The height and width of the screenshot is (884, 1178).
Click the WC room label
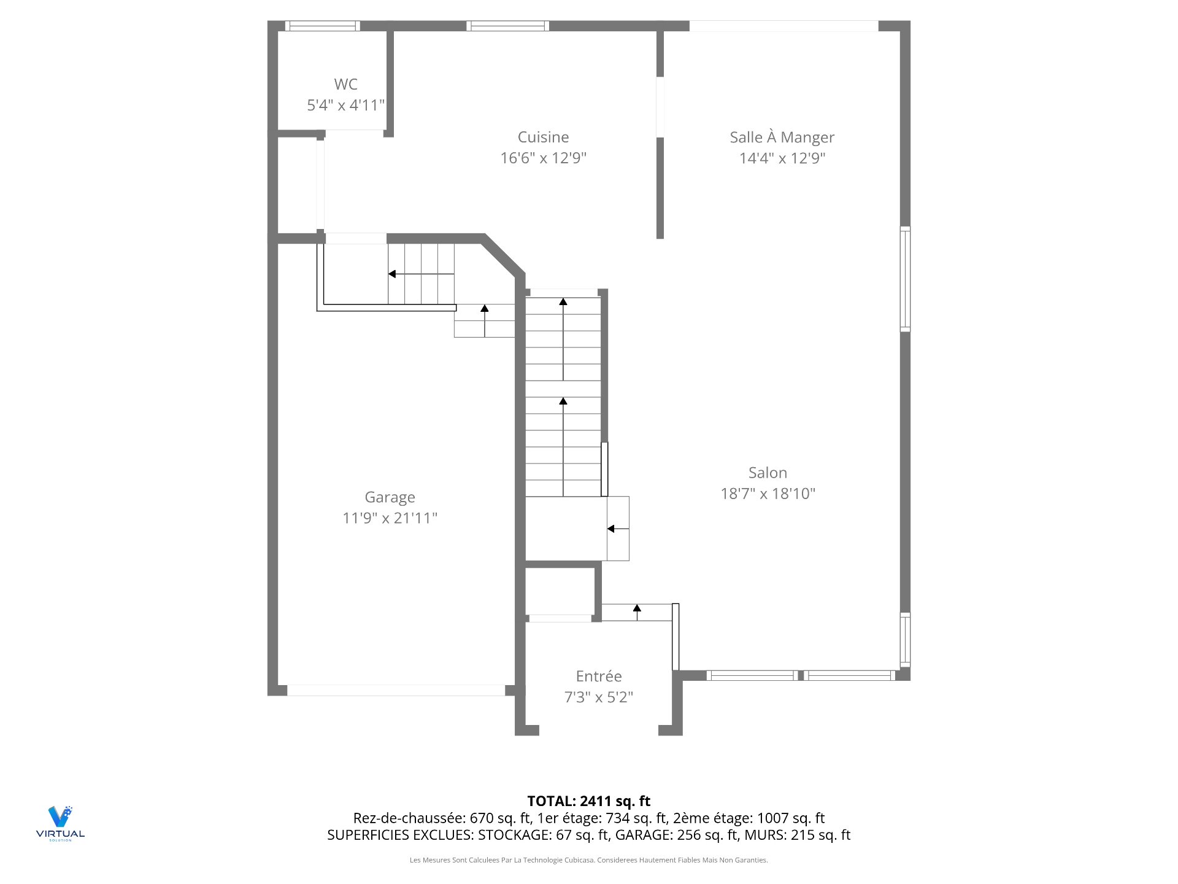tap(345, 84)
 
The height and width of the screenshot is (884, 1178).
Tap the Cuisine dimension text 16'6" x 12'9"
tap(543, 158)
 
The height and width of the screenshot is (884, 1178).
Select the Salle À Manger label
tap(782, 137)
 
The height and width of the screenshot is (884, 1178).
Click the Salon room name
tap(768, 473)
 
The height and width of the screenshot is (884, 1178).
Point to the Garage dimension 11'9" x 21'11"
tap(390, 518)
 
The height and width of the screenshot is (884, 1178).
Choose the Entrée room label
tap(598, 676)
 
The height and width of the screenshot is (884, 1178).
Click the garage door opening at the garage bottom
tap(396, 690)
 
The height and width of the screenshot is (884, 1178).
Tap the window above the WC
tap(322, 26)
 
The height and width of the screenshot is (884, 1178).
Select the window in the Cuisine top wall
tap(507, 26)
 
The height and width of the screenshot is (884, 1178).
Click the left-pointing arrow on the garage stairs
tap(393, 274)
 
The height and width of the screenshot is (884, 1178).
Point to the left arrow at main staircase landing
tap(611, 529)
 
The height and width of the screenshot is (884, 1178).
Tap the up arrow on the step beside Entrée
tap(637, 608)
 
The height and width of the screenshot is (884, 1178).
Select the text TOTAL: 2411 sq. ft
tap(588, 801)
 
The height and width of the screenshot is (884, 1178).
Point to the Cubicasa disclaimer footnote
tap(588, 860)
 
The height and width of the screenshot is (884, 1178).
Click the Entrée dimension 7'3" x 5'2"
tap(598, 697)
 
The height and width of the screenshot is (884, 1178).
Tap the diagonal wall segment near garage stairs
tap(504, 255)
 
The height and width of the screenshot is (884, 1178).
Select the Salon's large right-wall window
tap(905, 279)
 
